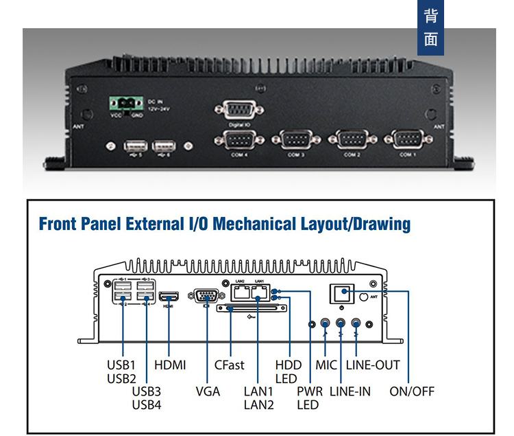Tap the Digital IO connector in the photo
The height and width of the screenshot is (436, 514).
tap(239, 111)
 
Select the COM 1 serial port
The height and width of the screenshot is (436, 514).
tap(408, 139)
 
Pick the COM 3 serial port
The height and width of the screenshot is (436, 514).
tap(295, 139)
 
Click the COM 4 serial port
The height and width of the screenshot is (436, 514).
tap(239, 139)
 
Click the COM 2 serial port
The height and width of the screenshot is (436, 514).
tap(352, 139)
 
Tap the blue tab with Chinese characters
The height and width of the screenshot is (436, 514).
tap(431, 28)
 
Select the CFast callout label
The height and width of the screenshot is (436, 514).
tap(229, 365)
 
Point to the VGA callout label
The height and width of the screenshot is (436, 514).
tap(208, 391)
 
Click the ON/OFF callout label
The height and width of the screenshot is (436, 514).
tap(412, 391)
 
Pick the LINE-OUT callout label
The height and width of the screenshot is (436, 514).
tap(373, 365)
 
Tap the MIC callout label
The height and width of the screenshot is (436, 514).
tap(326, 365)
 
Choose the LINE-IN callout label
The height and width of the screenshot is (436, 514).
tap(350, 391)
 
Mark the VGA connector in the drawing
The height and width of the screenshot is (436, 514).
tap(206, 297)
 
